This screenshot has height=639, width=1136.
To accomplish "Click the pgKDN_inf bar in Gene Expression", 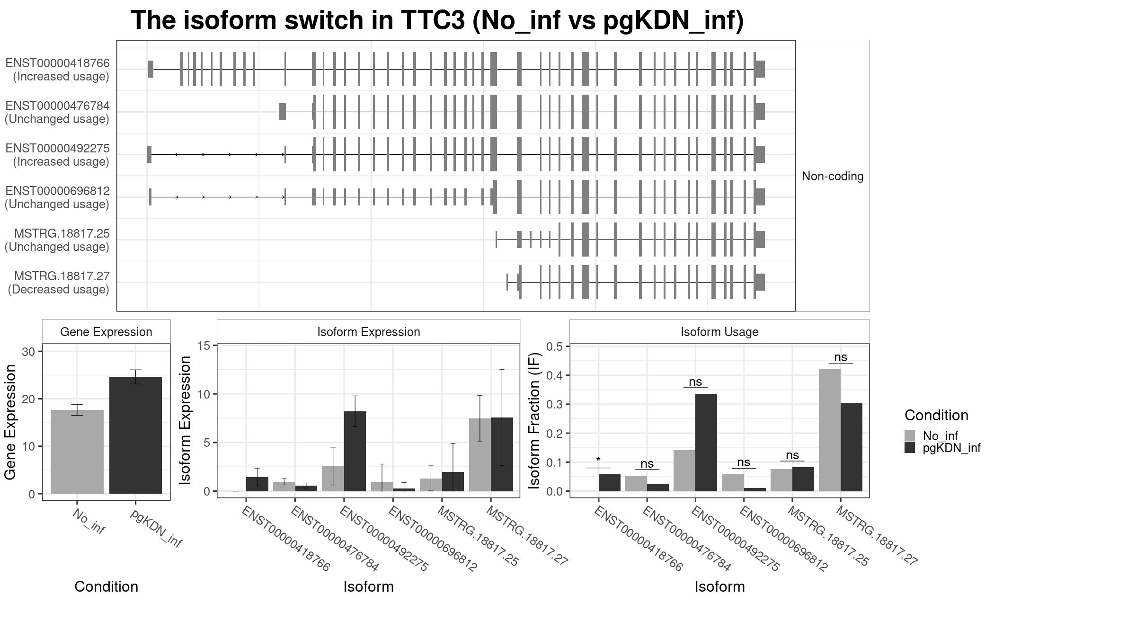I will [x=135, y=435].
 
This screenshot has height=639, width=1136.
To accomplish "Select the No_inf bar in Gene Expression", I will [x=77, y=452].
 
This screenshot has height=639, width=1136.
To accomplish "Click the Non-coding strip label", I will [x=832, y=176].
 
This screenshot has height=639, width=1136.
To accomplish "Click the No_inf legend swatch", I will [x=909, y=435].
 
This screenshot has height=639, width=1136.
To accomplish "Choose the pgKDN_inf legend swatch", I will [x=909, y=448].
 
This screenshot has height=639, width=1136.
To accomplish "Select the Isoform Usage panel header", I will [x=719, y=332].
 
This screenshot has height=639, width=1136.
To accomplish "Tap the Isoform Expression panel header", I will [x=368, y=332].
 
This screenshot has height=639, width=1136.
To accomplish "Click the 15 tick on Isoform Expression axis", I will [x=204, y=346].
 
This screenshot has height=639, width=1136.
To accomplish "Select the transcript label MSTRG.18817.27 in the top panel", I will [x=62, y=276].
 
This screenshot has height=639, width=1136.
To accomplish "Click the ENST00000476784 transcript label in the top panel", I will [x=57, y=106].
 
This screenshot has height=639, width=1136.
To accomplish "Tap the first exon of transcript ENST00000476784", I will [x=282, y=112].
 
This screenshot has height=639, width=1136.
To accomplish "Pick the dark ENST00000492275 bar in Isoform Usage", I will [x=706, y=442].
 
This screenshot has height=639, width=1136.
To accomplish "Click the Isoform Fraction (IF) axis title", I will [x=534, y=420].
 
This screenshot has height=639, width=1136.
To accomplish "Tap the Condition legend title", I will [x=936, y=415].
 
